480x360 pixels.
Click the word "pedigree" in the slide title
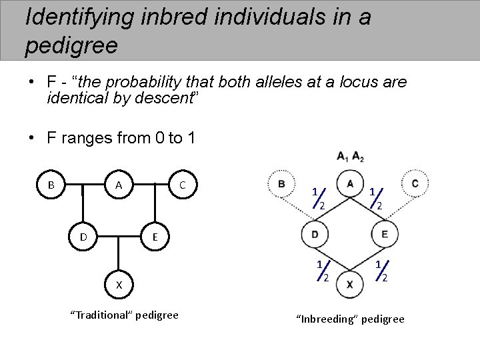pos(71,45)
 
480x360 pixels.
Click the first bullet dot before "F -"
pos(32,83)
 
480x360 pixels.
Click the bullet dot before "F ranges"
pos(32,139)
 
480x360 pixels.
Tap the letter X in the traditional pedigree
pos(119,285)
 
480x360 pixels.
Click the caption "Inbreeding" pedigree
pos(350,319)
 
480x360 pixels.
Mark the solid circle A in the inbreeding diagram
pos(350,183)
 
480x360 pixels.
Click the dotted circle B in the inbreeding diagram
pos(282,184)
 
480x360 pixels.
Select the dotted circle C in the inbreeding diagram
pos(415,183)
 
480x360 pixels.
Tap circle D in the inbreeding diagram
pos(314,234)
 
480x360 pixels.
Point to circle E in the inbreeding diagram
pos(384,234)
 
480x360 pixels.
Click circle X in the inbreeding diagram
pos(350,285)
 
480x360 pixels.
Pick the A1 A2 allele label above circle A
pos(350,157)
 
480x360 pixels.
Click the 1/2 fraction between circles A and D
pos(317,197)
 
